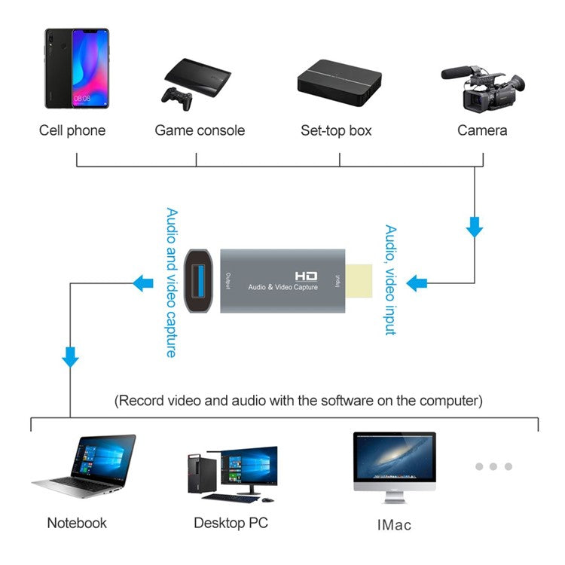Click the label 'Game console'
(x=200, y=130)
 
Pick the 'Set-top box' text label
(x=336, y=130)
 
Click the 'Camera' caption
(x=482, y=130)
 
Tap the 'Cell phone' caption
(x=72, y=130)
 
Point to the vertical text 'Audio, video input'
(x=390, y=279)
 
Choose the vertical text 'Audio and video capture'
(x=171, y=282)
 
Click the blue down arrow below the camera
(x=474, y=226)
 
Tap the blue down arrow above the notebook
(x=70, y=356)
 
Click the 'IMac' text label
(x=392, y=524)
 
